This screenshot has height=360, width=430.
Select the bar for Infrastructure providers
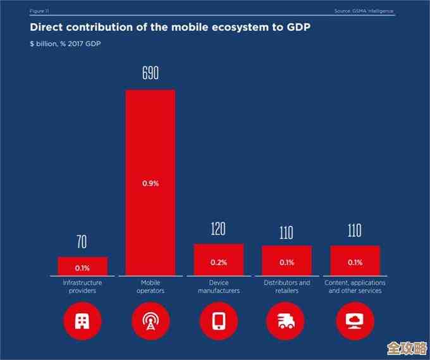(82, 266)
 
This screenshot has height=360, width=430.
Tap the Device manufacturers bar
(218, 259)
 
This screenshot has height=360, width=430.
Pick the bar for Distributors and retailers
(286, 260)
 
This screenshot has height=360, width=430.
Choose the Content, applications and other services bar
(355, 260)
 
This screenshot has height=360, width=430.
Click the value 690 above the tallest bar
(150, 74)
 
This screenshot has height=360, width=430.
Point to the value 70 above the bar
(82, 242)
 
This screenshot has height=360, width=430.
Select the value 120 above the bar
(218, 229)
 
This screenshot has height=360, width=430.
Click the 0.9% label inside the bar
(150, 183)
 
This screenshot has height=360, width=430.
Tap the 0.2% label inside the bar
(218, 262)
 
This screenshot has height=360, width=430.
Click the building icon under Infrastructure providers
(82, 321)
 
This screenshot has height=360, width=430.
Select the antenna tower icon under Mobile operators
(150, 321)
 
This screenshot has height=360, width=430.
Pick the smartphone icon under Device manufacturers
(219, 321)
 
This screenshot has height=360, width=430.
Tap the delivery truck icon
(286, 321)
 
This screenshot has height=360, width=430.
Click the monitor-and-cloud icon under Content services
(355, 321)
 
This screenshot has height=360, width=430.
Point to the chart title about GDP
(170, 27)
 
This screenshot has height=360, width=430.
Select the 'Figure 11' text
(40, 11)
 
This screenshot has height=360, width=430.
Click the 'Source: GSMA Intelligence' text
(364, 11)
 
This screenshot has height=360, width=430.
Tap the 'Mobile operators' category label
(150, 287)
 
